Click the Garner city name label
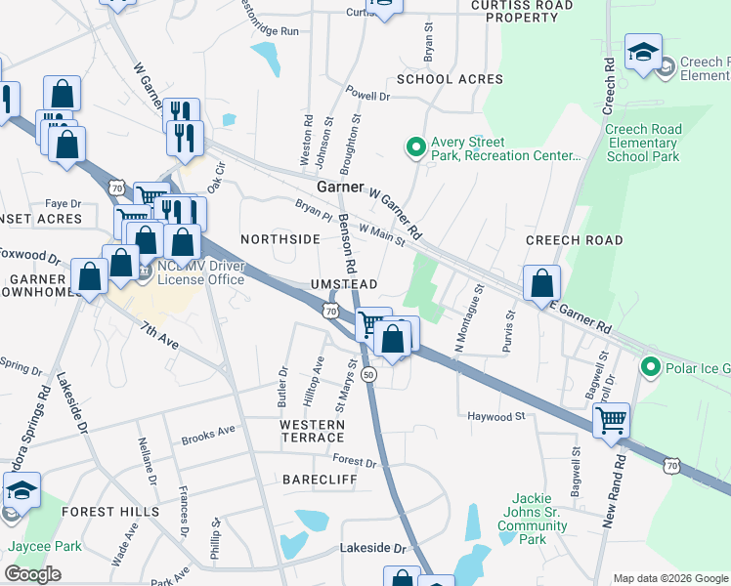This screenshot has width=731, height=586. click(x=340, y=187)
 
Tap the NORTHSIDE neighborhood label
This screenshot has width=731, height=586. click(x=280, y=238)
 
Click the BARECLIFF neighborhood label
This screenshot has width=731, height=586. click(x=315, y=480)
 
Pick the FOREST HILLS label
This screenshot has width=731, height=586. click(x=109, y=511)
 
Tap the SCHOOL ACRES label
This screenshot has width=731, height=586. click(x=450, y=79)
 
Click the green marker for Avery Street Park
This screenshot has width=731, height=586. click(x=415, y=147)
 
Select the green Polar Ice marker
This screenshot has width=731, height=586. click(x=650, y=366)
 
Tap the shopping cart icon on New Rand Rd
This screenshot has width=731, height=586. click(x=611, y=421)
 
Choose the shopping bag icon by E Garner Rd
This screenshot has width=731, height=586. click(x=541, y=284)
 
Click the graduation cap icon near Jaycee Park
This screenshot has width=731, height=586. click(x=21, y=490)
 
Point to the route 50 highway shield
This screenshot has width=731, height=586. click(x=368, y=375)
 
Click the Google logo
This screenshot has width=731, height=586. click(x=32, y=574)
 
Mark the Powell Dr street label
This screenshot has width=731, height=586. click(x=369, y=96)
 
